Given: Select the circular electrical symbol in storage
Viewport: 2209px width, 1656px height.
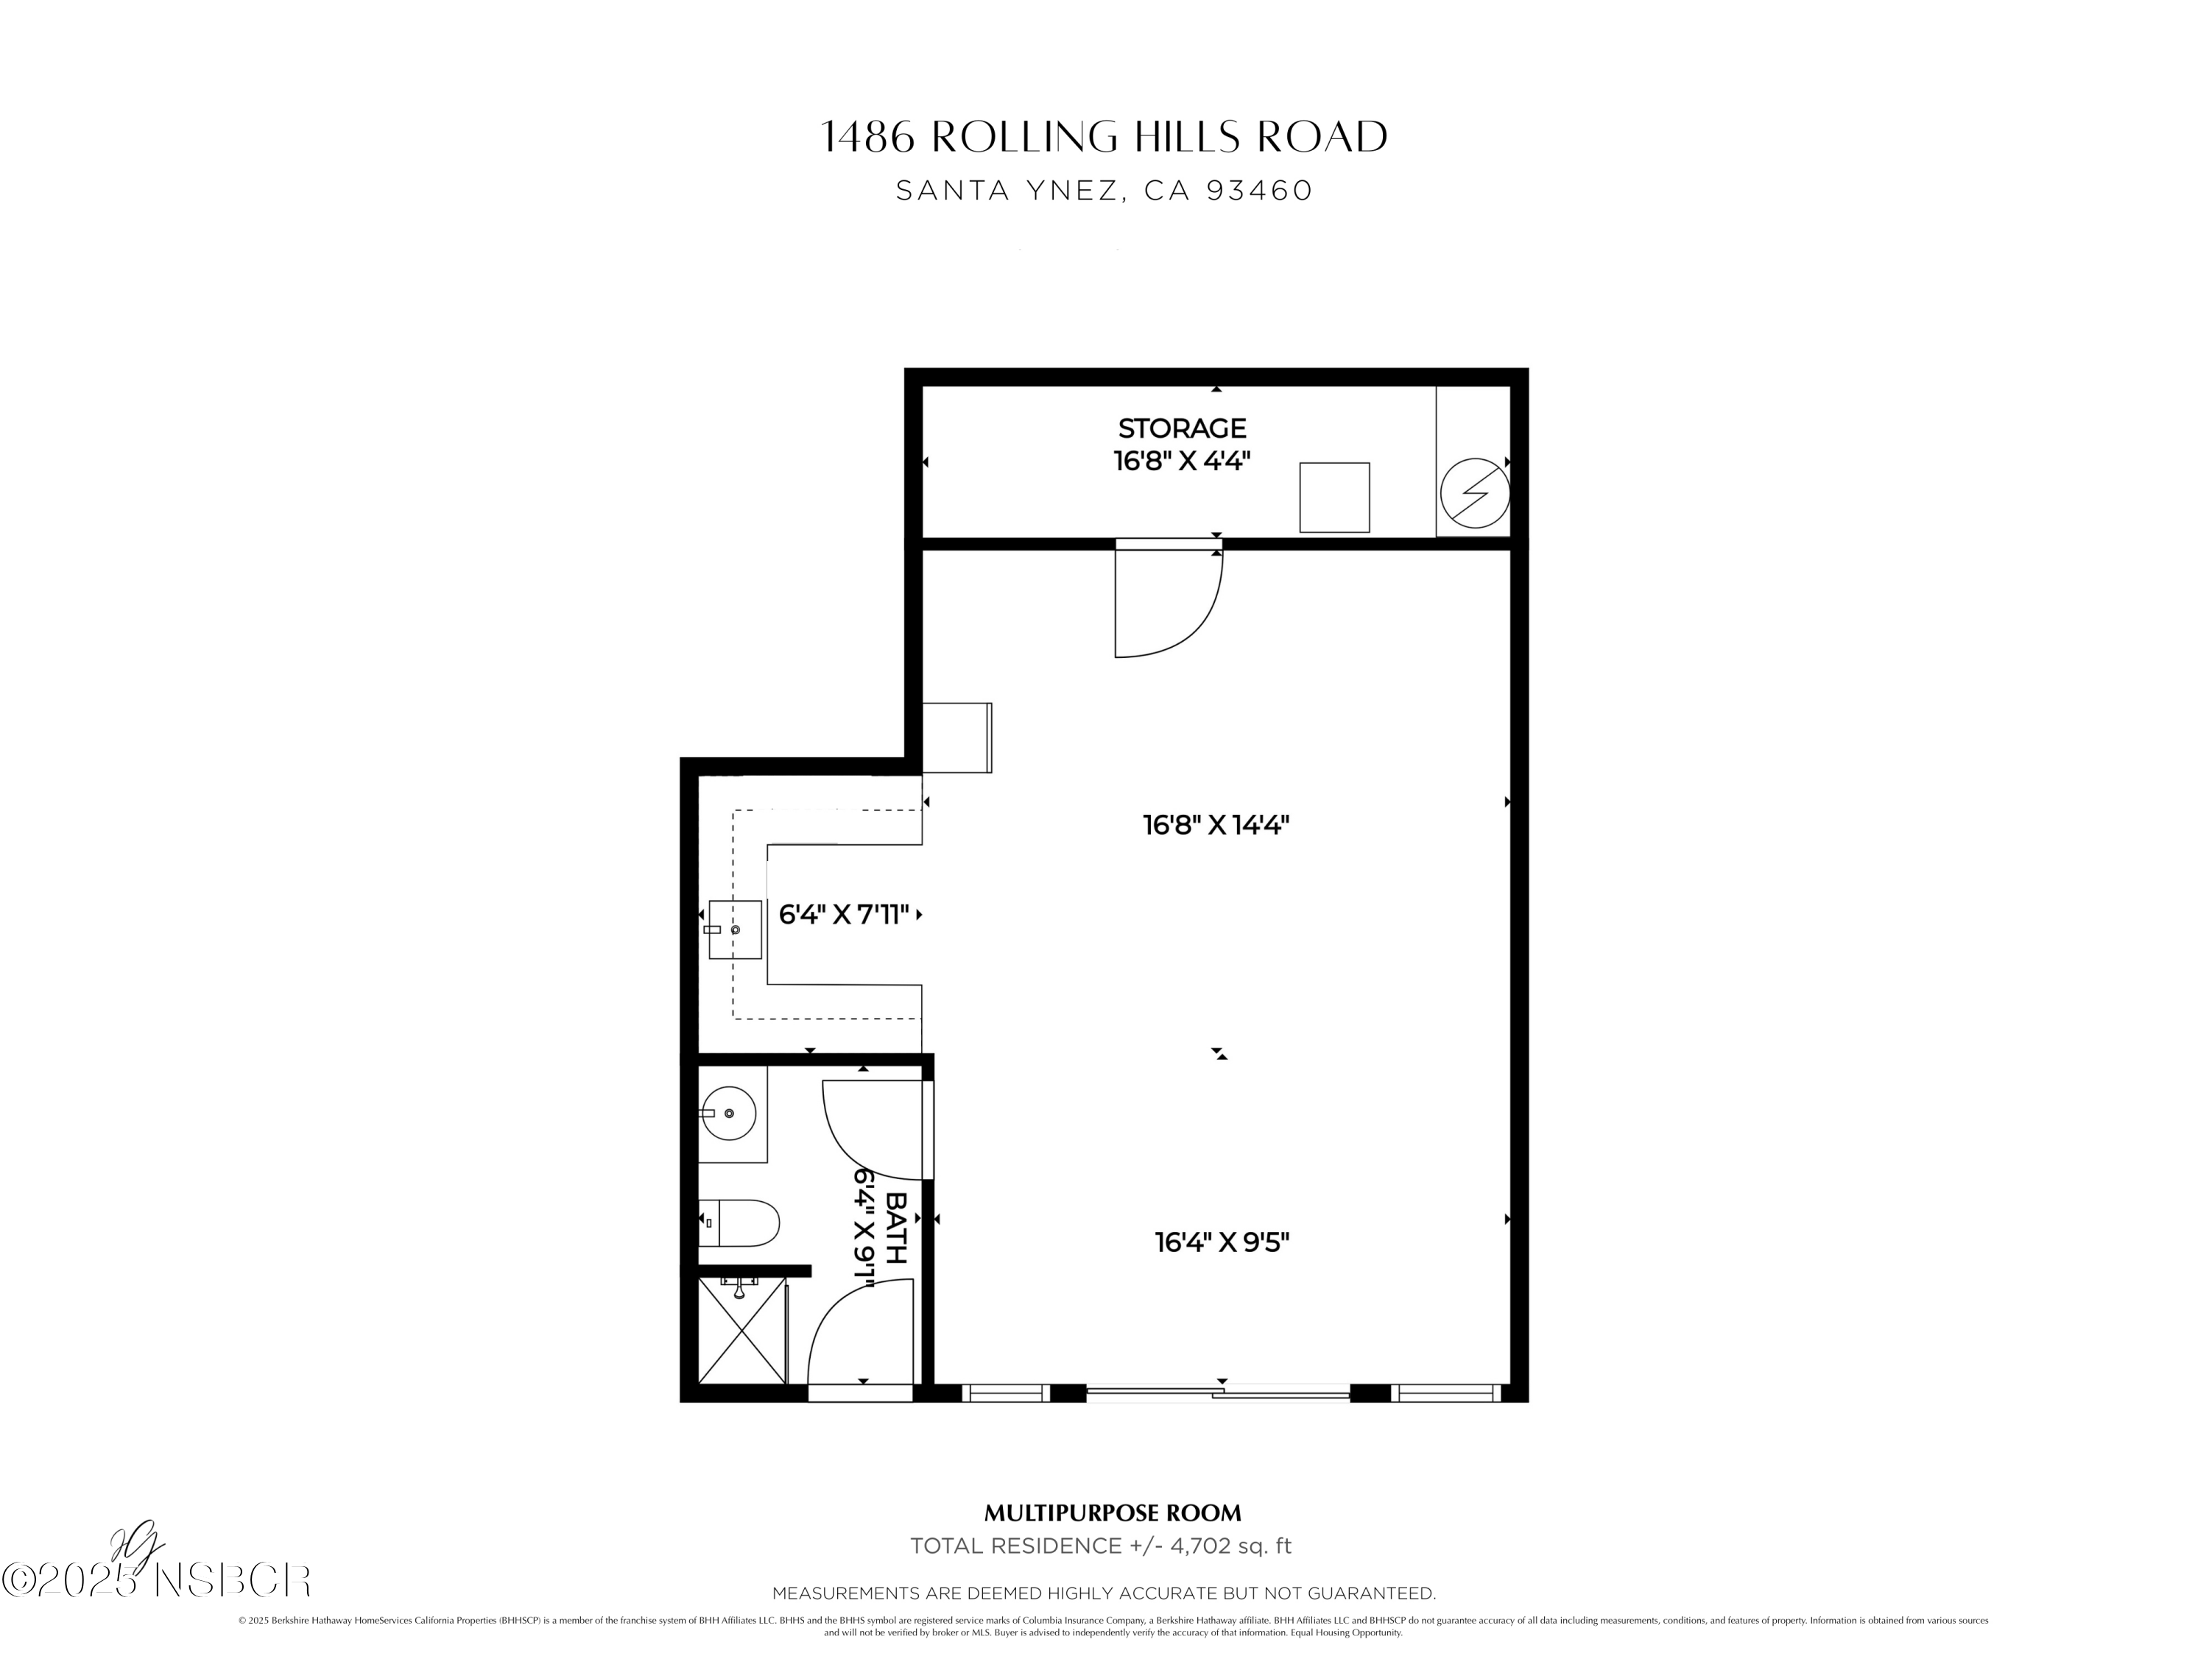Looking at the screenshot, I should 1475,493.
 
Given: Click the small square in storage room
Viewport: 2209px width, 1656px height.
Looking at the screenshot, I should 1334,497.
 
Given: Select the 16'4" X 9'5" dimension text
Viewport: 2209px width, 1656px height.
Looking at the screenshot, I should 1222,1243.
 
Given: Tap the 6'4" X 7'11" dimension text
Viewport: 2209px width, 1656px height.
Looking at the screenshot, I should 843,914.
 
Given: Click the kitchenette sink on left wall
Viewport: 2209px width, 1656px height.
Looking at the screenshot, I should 734,930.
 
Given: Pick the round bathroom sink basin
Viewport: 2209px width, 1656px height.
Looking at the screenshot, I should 728,1112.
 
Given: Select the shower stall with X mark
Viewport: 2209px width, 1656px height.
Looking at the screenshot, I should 741,1331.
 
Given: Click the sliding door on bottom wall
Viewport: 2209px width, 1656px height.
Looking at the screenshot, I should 1219,1392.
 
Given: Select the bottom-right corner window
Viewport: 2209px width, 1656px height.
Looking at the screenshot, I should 1447,1393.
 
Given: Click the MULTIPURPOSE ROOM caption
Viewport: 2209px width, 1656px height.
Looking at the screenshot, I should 1113,1513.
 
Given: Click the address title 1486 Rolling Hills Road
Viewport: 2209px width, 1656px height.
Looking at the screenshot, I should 1104,137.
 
